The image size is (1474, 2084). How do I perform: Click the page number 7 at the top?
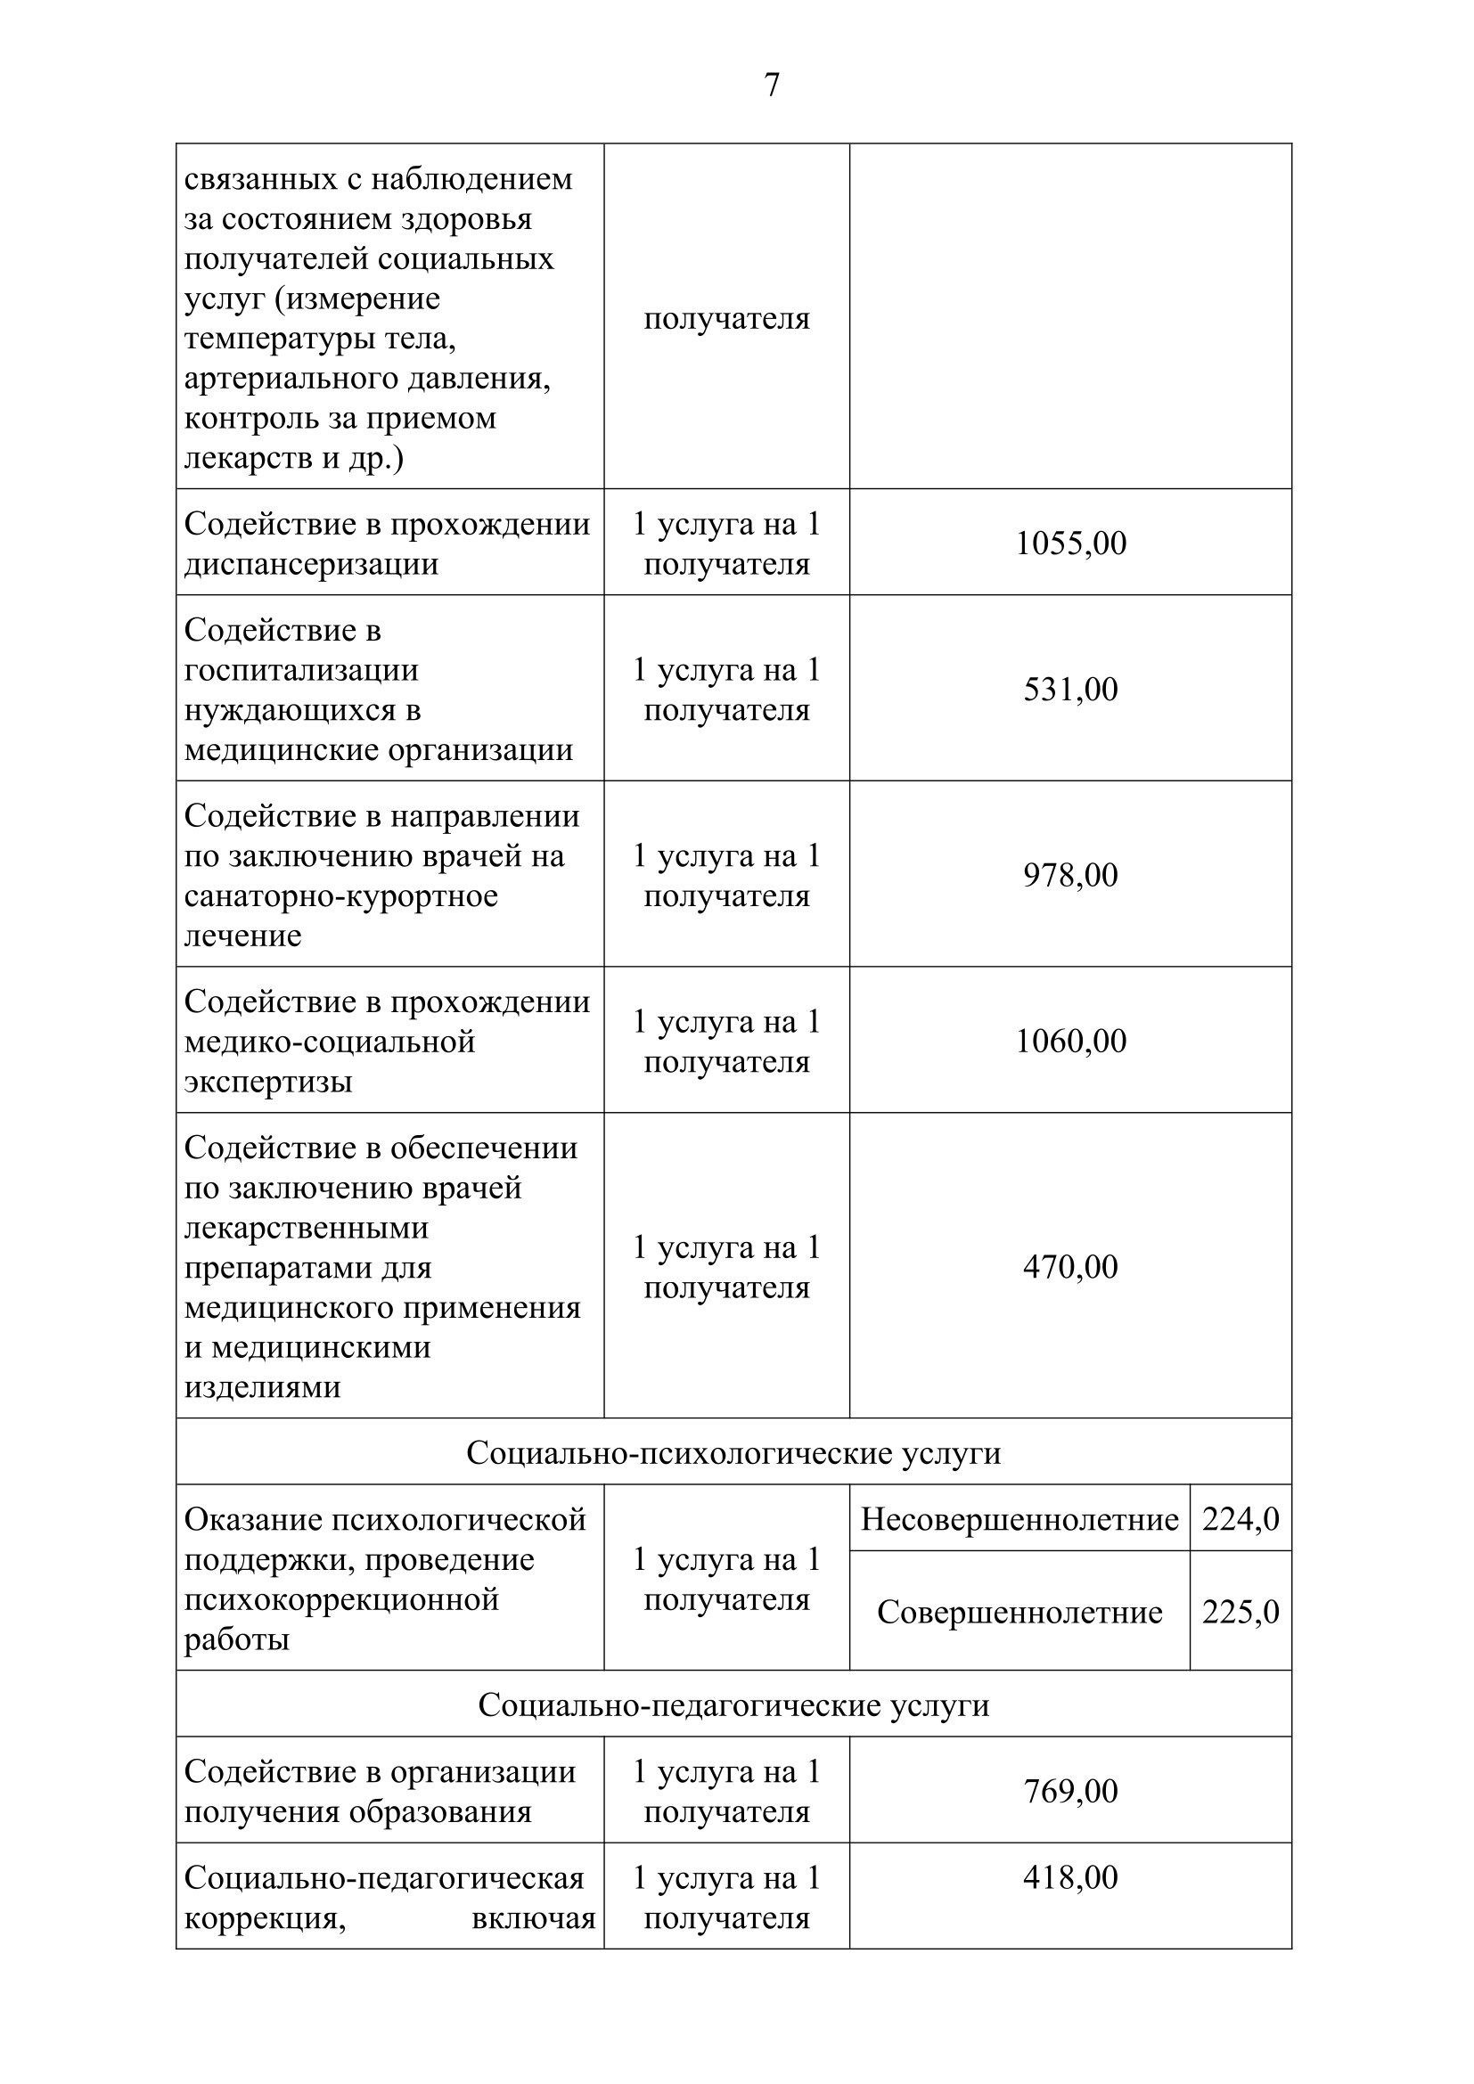click(x=772, y=86)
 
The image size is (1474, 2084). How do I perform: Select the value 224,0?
click(x=1240, y=1519)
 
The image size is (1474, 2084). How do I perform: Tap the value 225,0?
click(x=1240, y=1612)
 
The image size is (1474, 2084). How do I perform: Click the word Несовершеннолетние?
click(x=1020, y=1519)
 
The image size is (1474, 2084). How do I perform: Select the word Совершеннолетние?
click(x=1020, y=1613)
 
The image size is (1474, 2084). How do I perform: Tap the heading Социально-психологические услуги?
click(x=733, y=1453)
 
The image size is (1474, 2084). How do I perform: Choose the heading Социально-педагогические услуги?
click(x=733, y=1705)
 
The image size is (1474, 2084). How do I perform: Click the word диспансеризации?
click(x=311, y=565)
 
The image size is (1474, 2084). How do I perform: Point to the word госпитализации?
click(x=301, y=671)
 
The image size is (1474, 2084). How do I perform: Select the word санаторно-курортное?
click(x=341, y=895)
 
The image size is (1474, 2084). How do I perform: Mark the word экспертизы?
click(x=267, y=1082)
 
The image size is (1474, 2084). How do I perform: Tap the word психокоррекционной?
click(x=341, y=1599)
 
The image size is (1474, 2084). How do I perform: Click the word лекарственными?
click(x=307, y=1228)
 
